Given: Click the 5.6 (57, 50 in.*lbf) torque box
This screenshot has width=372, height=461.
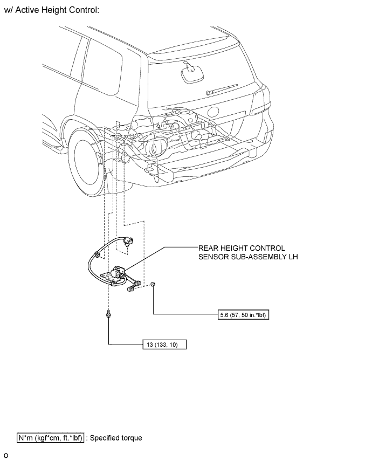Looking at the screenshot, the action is pyautogui.click(x=243, y=315).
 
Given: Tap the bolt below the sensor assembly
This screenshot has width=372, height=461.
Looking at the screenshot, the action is pyautogui.click(x=109, y=314).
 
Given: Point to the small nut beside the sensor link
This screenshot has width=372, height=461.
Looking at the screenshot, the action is pyautogui.click(x=153, y=284).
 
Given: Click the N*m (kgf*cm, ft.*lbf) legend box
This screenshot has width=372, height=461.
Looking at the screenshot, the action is pyautogui.click(x=50, y=438).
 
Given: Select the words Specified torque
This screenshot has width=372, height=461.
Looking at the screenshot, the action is pyautogui.click(x=116, y=438).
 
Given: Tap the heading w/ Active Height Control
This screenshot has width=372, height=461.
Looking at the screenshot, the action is pyautogui.click(x=51, y=10).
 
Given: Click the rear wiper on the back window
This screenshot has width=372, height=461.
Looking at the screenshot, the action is pyautogui.click(x=222, y=90).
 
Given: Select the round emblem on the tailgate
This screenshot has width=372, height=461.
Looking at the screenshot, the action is pyautogui.click(x=213, y=112).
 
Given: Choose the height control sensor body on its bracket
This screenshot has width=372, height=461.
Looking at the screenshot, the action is pyautogui.click(x=117, y=274).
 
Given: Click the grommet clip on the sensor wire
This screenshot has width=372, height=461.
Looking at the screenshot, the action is pyautogui.click(x=96, y=254).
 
